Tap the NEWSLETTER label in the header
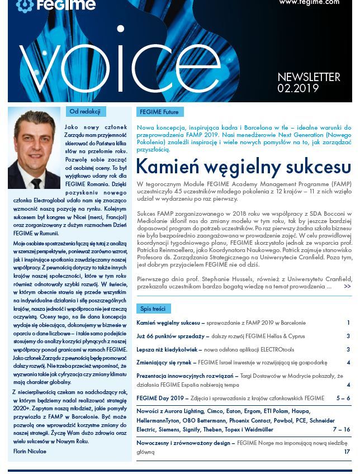[309, 77]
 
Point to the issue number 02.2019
[298, 88]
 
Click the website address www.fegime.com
[309, 2]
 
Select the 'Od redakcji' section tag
[86, 112]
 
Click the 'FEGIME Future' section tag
[159, 112]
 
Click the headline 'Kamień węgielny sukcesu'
[243, 167]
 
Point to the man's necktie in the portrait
[36, 183]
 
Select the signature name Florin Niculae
[30, 451]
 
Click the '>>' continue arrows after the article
[347, 286]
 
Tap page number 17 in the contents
[347, 452]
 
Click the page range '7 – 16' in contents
[341, 429]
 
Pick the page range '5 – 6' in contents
[343, 398]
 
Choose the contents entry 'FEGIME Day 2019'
[163, 398]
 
